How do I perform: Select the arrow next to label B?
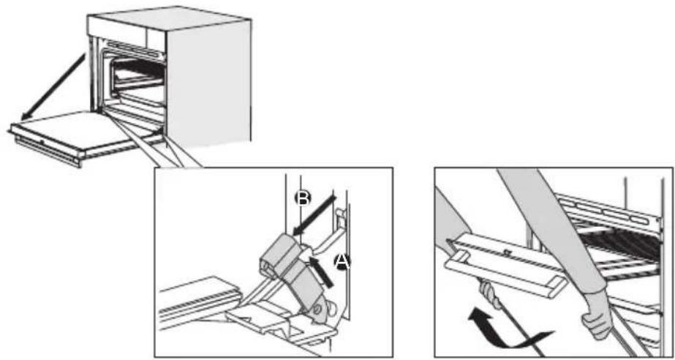point(314,214)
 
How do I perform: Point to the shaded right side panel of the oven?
point(212,80)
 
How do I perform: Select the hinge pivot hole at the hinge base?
point(319,316)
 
